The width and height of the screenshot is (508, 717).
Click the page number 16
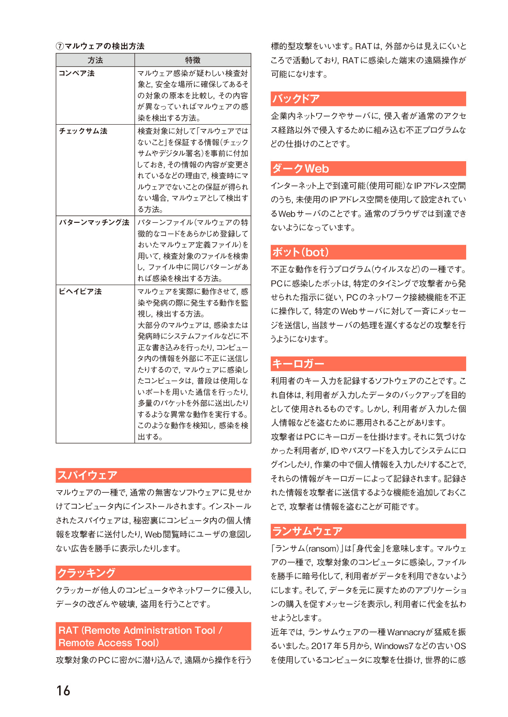click(63, 690)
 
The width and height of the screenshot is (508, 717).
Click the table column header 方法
click(95, 60)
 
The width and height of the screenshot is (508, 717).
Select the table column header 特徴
click(192, 60)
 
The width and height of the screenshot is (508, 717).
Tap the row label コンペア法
click(77, 73)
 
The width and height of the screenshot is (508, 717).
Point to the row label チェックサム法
click(83, 131)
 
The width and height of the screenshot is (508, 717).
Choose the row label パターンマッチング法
click(94, 222)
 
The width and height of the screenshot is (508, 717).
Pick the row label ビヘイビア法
click(80, 292)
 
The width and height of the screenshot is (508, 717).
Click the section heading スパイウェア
click(87, 475)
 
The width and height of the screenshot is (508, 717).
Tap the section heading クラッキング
click(86, 573)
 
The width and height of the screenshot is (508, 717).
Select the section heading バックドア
click(296, 99)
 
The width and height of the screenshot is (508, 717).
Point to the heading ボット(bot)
click(301, 252)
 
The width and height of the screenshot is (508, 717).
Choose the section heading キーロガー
click(298, 364)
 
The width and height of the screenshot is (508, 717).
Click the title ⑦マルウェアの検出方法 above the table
click(100, 46)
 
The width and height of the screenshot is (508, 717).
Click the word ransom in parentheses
click(323, 549)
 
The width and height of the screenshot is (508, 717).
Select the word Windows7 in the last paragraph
click(394, 646)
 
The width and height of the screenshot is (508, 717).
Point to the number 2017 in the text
click(322, 646)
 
